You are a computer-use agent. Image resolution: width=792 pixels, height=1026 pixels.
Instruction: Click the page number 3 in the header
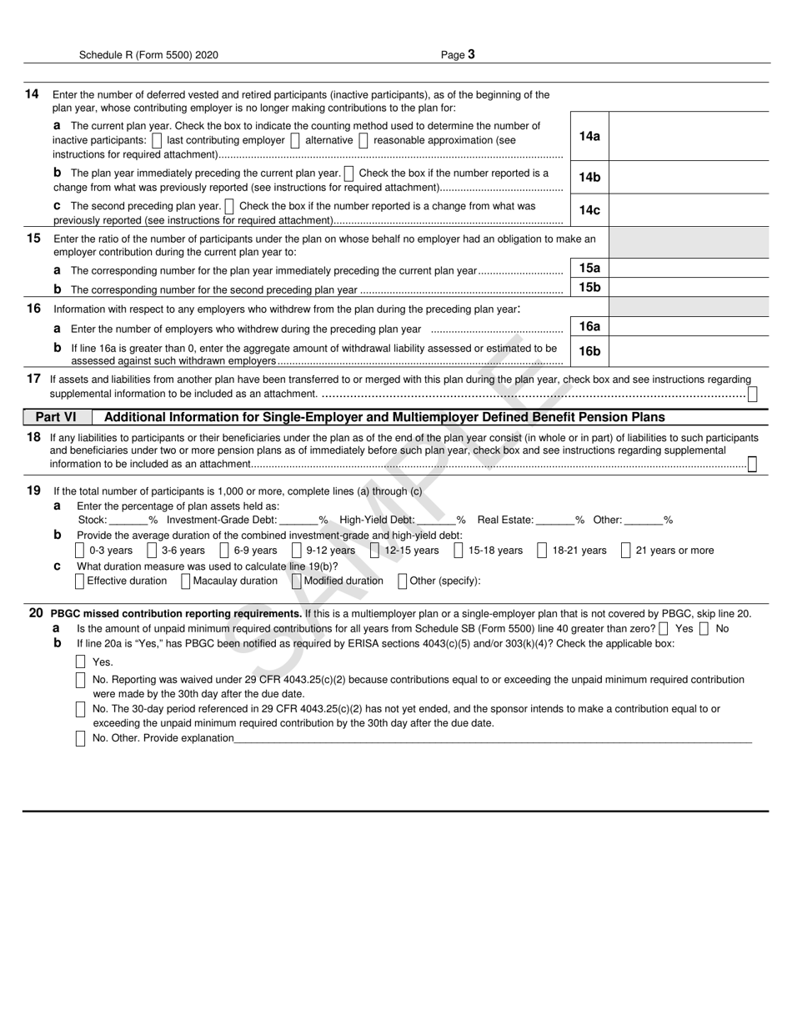[471, 54]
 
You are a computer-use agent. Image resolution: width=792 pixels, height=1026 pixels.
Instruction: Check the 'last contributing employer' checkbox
[158, 141]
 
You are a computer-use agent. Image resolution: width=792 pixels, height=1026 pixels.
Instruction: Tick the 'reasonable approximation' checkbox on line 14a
[363, 141]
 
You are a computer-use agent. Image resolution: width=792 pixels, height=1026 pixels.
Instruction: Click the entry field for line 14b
[689, 178]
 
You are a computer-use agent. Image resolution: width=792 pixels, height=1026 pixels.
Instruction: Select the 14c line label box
[589, 210]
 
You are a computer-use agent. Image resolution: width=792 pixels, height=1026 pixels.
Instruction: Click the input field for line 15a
[689, 269]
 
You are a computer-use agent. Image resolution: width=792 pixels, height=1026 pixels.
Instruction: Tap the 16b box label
[589, 351]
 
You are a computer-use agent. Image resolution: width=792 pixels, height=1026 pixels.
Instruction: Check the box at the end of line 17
[753, 395]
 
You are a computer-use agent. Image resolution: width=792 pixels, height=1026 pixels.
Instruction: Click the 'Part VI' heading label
[56, 417]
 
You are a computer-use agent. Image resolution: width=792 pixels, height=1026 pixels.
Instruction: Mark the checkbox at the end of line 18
[752, 465]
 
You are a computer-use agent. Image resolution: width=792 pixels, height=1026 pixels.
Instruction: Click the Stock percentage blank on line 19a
[128, 521]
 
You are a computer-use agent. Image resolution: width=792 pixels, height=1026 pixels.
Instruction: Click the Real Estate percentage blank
[555, 521]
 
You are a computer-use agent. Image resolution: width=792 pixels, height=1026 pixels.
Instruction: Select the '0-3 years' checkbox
[80, 551]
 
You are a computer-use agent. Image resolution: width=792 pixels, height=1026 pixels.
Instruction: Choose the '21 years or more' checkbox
[626, 551]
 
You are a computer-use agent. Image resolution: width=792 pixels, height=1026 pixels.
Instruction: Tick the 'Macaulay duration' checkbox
[185, 581]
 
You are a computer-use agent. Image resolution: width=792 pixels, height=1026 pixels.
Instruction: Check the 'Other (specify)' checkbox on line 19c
[403, 581]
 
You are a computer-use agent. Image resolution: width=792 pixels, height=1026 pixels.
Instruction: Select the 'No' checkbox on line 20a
[704, 629]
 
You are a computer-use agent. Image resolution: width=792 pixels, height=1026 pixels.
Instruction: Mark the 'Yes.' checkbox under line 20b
[81, 662]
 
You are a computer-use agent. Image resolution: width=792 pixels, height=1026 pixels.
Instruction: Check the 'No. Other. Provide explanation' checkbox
[81, 738]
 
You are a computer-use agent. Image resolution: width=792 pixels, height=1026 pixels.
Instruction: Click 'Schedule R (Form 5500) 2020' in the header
[148, 55]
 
